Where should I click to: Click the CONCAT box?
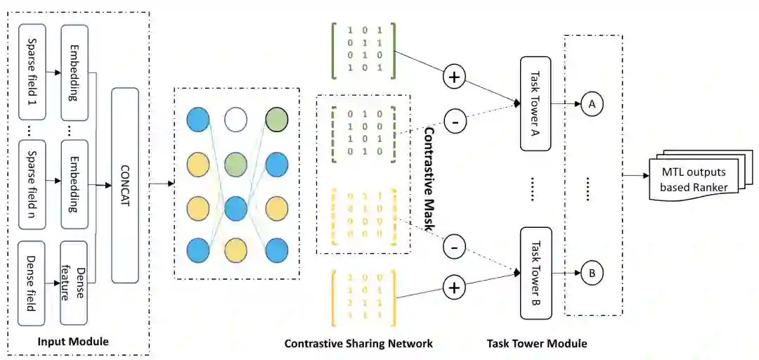tap(125, 186)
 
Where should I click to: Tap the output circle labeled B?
tap(592, 273)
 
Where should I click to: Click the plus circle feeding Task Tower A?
tap(454, 77)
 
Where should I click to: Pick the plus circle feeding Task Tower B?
tap(454, 287)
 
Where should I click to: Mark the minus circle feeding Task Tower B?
tap(454, 247)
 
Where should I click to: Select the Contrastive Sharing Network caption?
tap(358, 344)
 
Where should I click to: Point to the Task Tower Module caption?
tap(536, 344)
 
